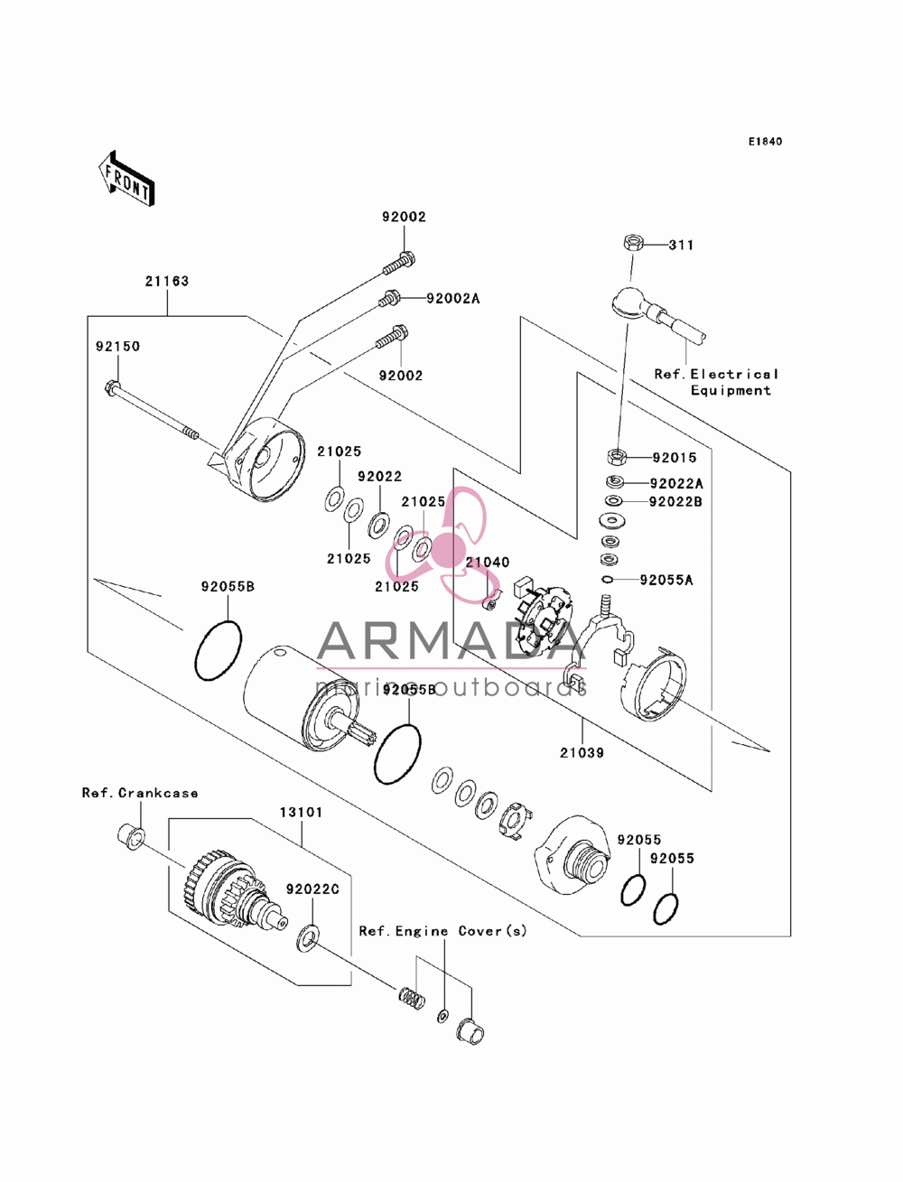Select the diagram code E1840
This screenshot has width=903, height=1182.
(x=765, y=142)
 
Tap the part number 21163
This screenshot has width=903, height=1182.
(x=167, y=281)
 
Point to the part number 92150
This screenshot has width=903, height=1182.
(x=118, y=346)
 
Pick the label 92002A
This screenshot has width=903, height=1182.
(x=452, y=298)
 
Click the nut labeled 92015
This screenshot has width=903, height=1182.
(x=617, y=457)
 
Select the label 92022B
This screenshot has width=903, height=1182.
(x=675, y=502)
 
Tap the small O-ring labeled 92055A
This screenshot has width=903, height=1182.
(x=607, y=580)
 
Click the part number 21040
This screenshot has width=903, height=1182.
(x=488, y=563)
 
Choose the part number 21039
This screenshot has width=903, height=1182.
(x=582, y=753)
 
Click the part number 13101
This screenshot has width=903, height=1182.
(x=301, y=812)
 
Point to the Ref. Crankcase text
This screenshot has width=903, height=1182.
(x=140, y=793)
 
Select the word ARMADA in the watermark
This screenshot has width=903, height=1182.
(x=446, y=640)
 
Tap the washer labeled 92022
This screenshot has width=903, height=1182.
(x=379, y=525)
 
